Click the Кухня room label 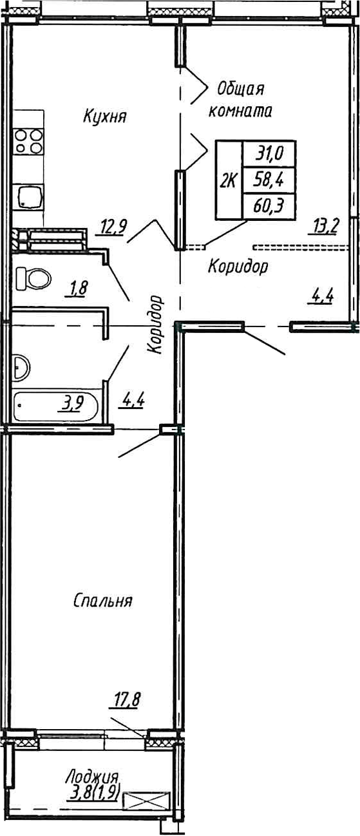[x=104, y=117]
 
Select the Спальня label [x=102, y=601]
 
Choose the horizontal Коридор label [x=238, y=266]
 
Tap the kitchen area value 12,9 [x=113, y=226]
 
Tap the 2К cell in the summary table [x=228, y=181]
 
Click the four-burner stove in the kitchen [x=28, y=141]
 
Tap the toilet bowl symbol [x=33, y=279]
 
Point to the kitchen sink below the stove [x=30, y=195]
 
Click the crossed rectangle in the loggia [x=147, y=802]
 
